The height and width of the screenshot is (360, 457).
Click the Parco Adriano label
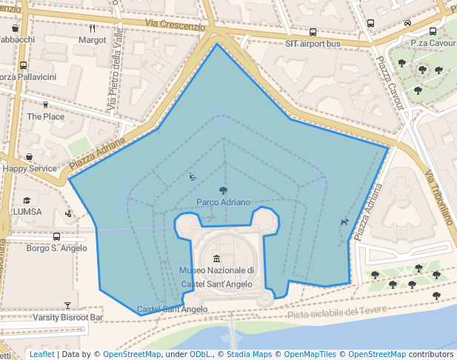(x=223, y=202)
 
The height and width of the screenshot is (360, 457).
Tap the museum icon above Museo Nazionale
(x=216, y=259)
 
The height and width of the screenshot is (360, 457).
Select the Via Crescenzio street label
(x=176, y=26)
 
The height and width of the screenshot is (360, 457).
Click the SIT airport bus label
(x=313, y=44)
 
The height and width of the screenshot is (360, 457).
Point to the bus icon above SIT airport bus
(x=313, y=33)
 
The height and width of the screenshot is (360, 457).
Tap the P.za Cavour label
(x=433, y=43)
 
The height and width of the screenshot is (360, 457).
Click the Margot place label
(x=92, y=40)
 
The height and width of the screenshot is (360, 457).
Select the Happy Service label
(x=29, y=168)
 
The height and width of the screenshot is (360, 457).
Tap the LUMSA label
(x=27, y=212)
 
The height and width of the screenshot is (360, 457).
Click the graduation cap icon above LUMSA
(x=27, y=201)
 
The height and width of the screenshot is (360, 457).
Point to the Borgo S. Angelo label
(x=56, y=248)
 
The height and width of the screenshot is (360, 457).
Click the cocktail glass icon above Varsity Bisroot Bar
(x=67, y=305)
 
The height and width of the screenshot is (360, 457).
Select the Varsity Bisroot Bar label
(x=67, y=317)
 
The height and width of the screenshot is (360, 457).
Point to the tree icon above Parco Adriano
(x=223, y=191)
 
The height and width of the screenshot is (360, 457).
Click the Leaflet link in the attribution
(x=41, y=355)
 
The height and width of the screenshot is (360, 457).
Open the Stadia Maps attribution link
(x=250, y=355)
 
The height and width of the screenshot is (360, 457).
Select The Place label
(x=45, y=116)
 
